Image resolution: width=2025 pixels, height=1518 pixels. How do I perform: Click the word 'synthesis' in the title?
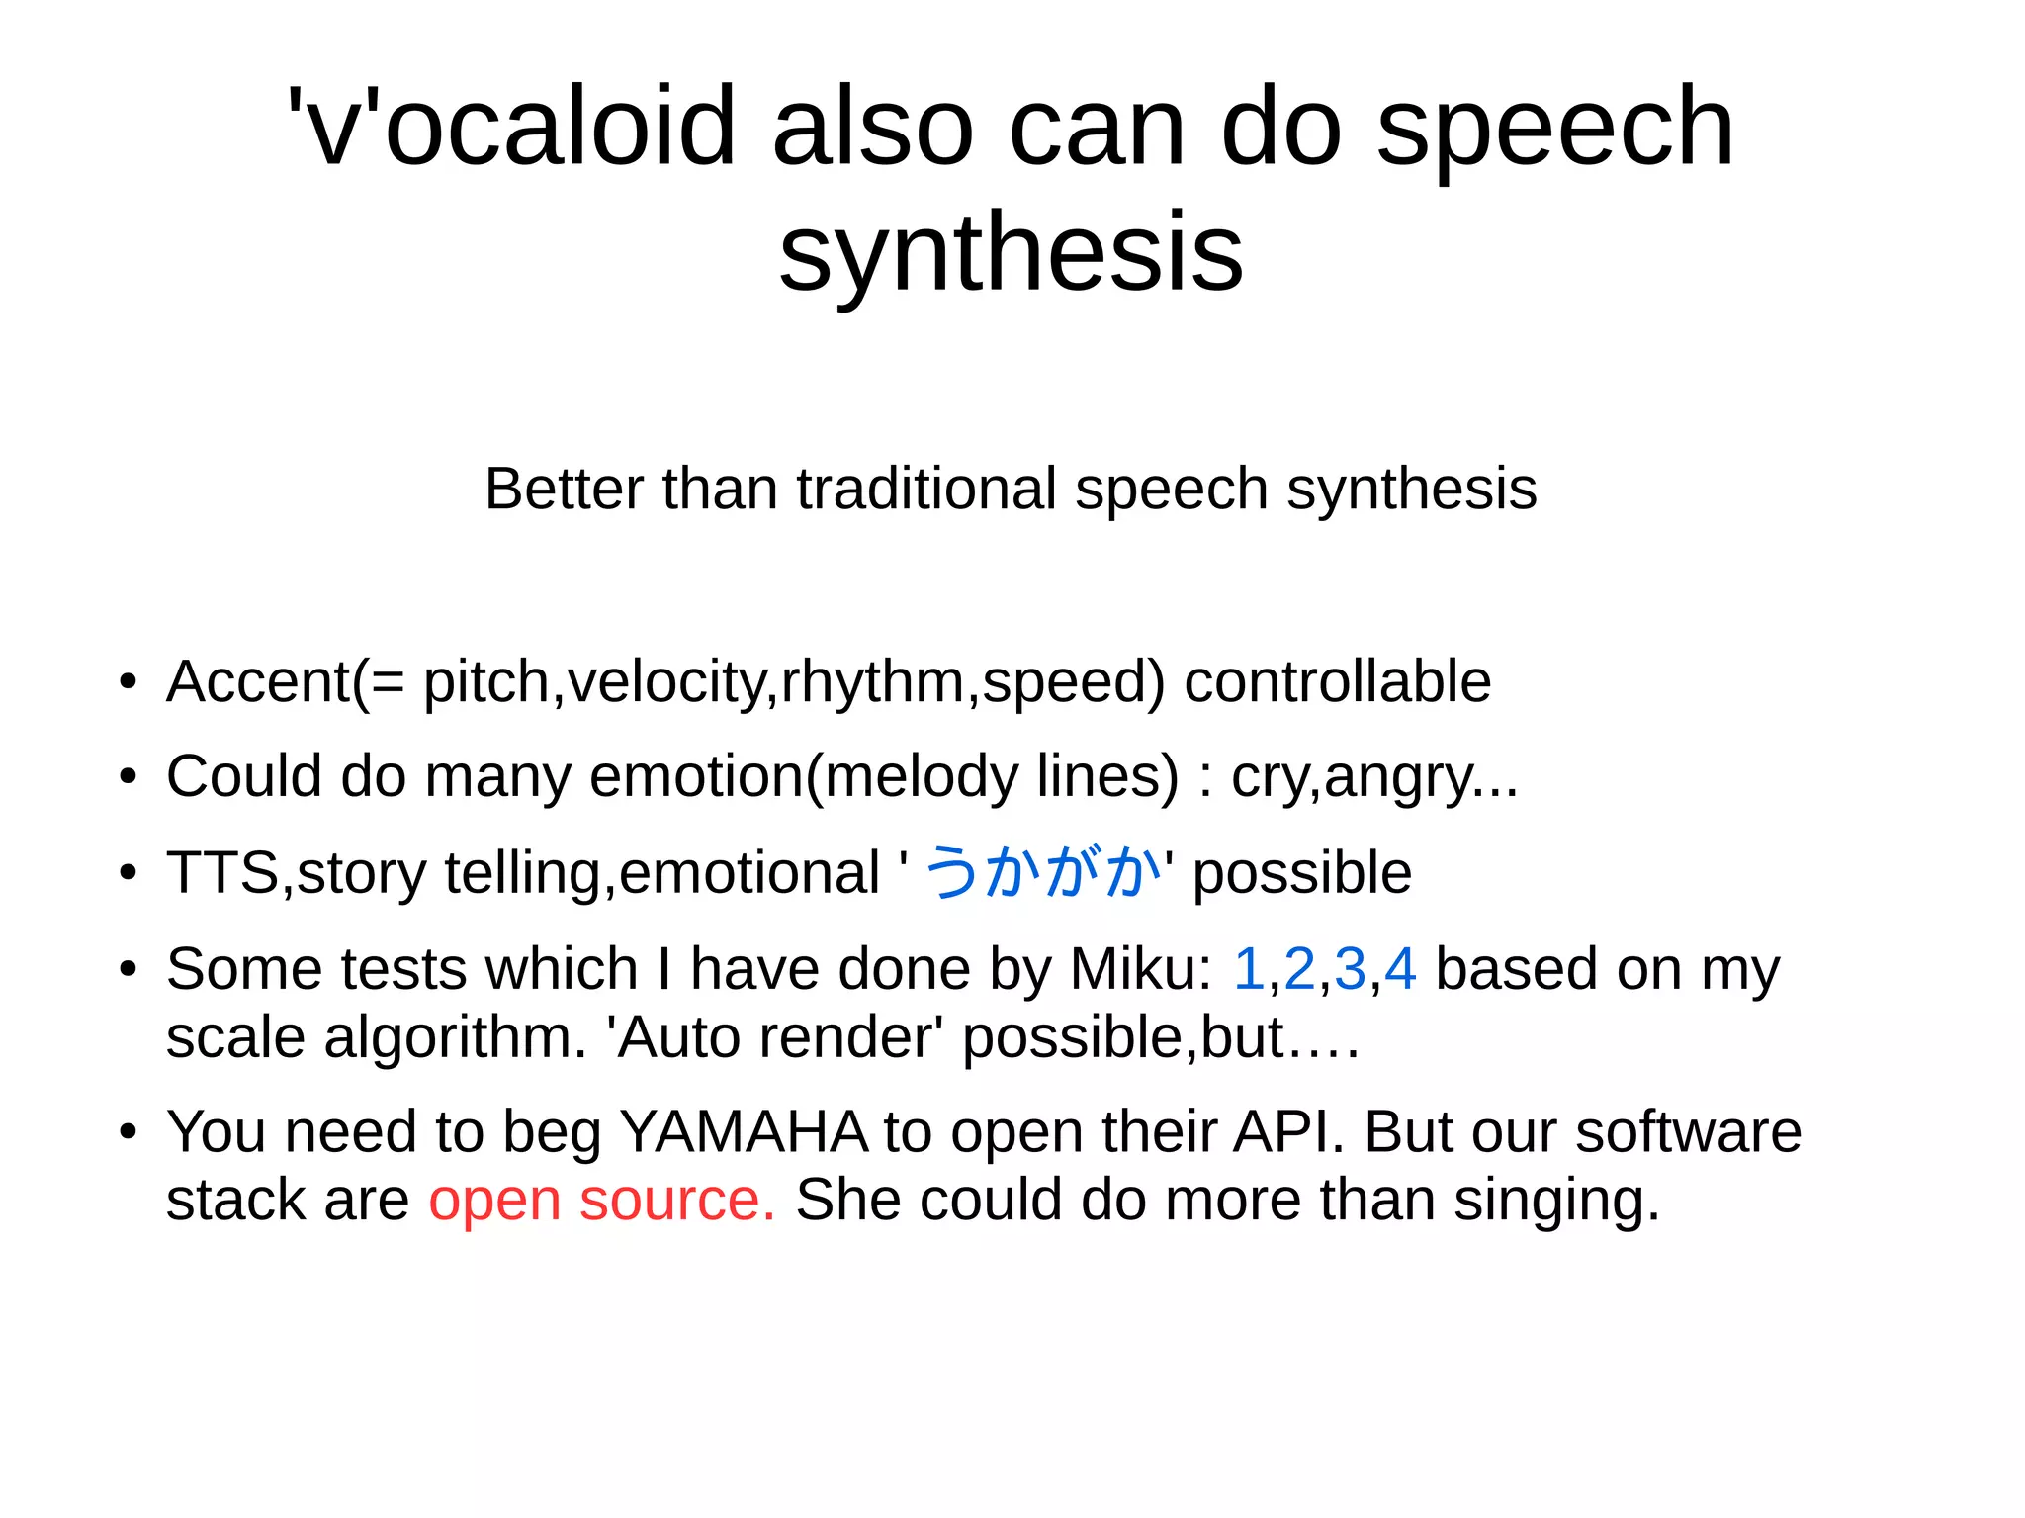click(x=1011, y=254)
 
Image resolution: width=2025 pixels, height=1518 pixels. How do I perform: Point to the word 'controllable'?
click(x=1337, y=682)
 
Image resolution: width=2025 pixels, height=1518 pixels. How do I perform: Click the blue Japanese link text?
click(x=1043, y=872)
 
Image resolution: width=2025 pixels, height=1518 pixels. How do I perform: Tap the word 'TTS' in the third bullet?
click(x=222, y=873)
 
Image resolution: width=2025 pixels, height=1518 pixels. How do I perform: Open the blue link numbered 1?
click(x=1250, y=969)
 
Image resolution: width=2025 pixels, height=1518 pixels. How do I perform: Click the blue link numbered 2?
click(x=1300, y=969)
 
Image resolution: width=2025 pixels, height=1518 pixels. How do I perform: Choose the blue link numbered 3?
click(x=1350, y=969)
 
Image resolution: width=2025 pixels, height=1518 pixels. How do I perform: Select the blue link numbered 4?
click(x=1400, y=969)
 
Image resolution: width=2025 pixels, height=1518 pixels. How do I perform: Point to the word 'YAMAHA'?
click(x=744, y=1132)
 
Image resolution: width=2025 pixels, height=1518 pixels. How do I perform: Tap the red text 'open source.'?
click(x=602, y=1201)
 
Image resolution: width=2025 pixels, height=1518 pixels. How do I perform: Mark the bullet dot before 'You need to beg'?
click(x=128, y=1132)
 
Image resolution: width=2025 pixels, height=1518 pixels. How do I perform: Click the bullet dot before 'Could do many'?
click(x=128, y=777)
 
